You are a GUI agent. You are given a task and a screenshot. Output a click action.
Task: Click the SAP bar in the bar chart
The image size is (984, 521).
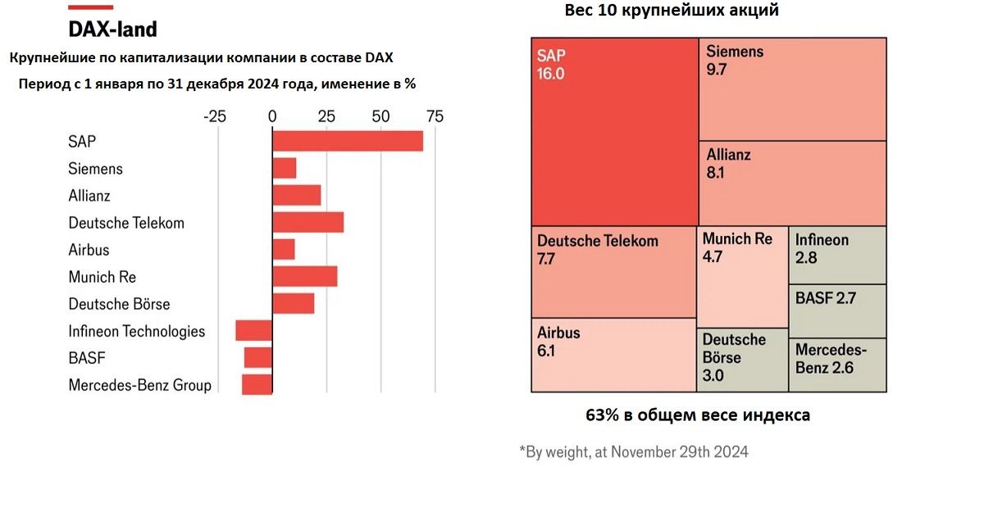[348, 141]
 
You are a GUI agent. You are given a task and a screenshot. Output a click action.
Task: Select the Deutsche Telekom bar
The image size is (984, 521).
[307, 222]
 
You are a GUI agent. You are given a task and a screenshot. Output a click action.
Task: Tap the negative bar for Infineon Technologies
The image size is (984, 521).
[253, 330]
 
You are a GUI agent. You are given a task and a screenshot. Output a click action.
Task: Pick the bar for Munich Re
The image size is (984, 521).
[304, 276]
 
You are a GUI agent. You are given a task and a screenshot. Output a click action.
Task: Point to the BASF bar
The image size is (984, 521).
[257, 357]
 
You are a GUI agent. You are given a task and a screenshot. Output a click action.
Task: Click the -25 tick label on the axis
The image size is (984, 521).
[215, 116]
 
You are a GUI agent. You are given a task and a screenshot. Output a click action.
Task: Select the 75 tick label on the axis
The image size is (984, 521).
[435, 116]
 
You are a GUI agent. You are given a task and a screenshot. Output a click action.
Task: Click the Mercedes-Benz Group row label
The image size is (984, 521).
[140, 385]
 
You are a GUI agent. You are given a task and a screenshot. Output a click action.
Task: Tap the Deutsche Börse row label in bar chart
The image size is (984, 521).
[120, 304]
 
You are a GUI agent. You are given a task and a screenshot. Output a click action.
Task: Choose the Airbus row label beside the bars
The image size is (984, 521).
[89, 250]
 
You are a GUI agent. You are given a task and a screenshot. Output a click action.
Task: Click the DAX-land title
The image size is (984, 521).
[112, 29]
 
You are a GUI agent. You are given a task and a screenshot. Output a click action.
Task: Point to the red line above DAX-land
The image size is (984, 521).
[90, 7]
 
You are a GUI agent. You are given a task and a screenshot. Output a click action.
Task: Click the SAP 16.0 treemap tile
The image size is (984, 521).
[615, 131]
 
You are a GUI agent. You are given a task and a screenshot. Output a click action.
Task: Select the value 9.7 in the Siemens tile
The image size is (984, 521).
[717, 70]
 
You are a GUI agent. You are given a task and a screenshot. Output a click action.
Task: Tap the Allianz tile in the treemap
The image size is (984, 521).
[792, 183]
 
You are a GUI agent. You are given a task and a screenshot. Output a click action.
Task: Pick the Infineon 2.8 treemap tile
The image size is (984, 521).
[837, 255]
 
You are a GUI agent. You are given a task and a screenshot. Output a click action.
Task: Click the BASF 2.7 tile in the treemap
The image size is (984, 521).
[837, 310]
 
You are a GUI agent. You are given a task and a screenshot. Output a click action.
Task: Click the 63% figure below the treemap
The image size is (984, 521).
[602, 415]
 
